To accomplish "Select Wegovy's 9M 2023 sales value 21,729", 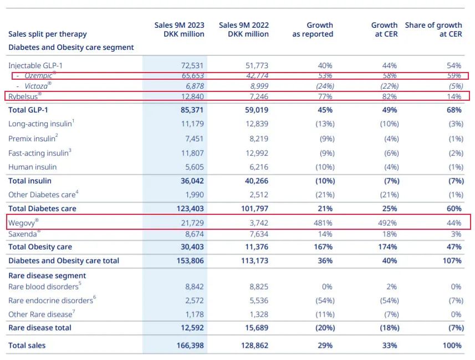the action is click(192, 223).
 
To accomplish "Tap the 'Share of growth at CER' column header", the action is click(433, 29).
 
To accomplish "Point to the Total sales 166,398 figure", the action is click(190, 346).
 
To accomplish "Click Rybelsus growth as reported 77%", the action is click(325, 96).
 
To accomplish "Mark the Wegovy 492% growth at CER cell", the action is click(387, 223).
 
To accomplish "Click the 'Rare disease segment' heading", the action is click(47, 275).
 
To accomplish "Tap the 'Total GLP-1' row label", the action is click(28, 110).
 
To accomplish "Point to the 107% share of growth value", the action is click(452, 261).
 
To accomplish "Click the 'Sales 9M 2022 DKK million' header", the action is click(244, 29).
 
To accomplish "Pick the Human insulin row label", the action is click(32, 167).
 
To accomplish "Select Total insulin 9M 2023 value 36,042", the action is click(192, 181).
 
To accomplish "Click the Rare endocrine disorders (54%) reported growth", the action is click(325, 300).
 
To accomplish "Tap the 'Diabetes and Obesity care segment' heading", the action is click(71, 47).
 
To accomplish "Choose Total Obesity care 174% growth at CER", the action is click(387, 247).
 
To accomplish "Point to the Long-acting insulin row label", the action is click(41, 123).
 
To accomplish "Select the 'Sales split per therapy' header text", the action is click(48, 34).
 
